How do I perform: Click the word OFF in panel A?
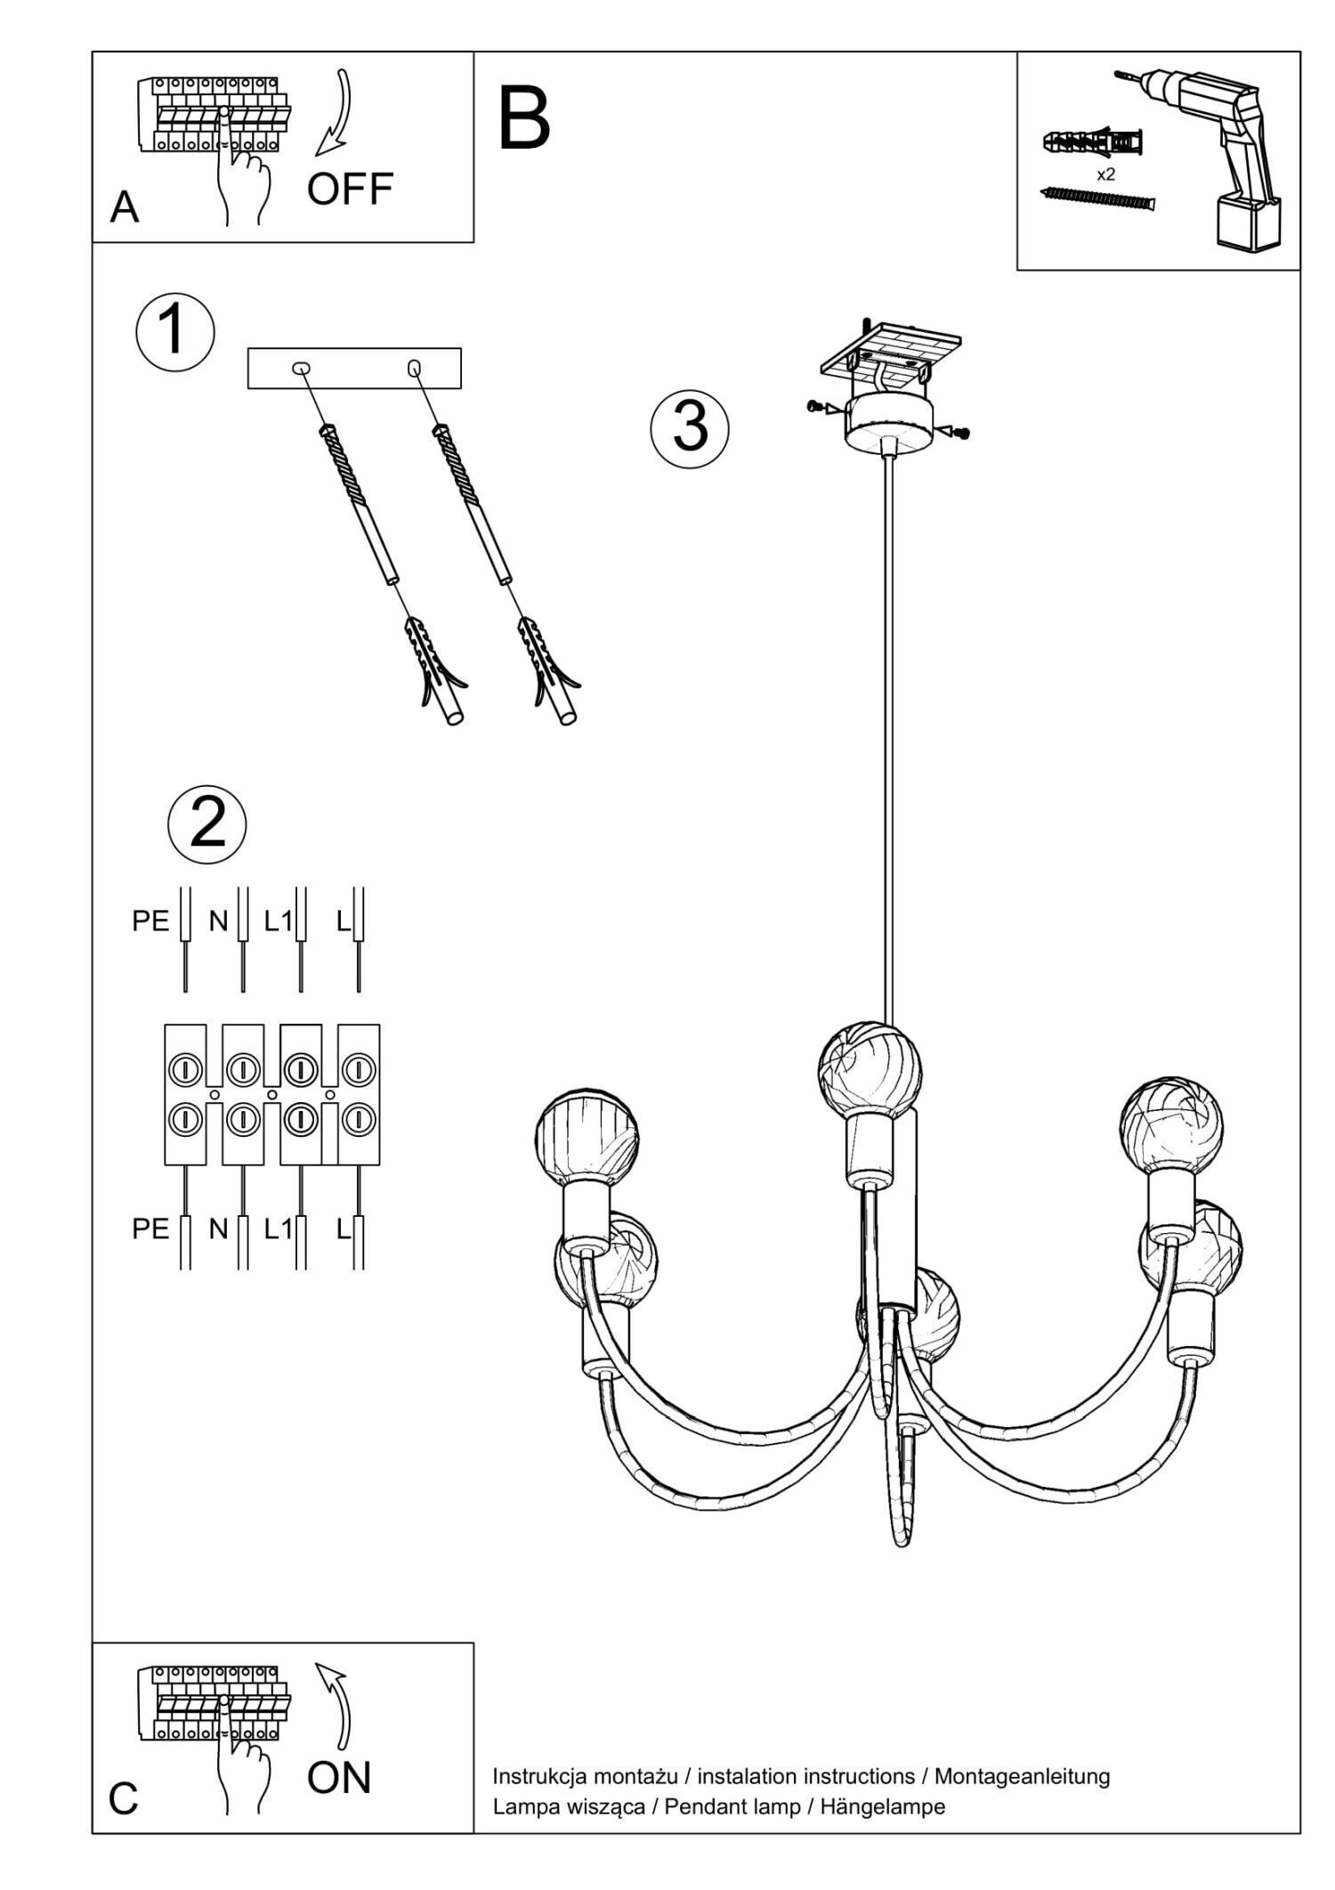(350, 189)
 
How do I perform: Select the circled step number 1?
(174, 330)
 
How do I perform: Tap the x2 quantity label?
(1105, 175)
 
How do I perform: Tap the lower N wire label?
(218, 1229)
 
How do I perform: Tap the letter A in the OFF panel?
(125, 208)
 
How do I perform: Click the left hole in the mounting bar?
(301, 368)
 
